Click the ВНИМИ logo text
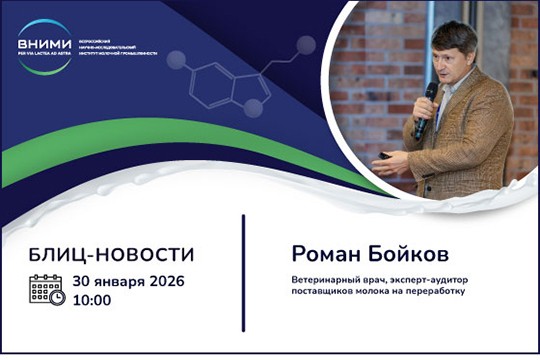click(44, 42)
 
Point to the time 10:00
click(92, 299)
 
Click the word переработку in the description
click(433, 292)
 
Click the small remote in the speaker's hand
click(384, 156)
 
